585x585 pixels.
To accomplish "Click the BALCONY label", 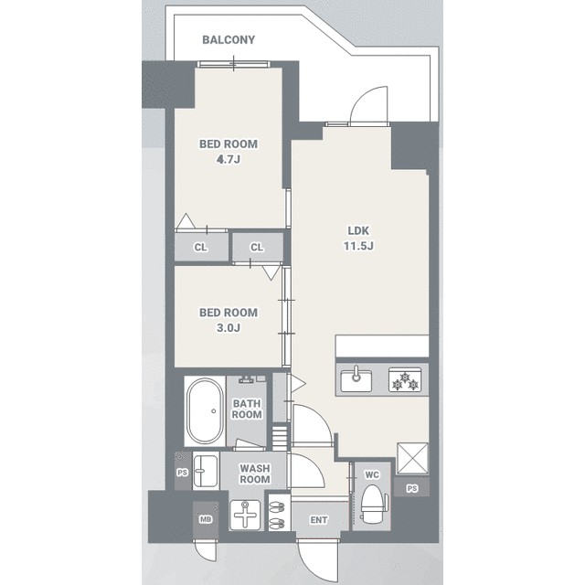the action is pyautogui.click(x=229, y=39).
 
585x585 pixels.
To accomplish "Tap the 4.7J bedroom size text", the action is pyautogui.click(x=229, y=160).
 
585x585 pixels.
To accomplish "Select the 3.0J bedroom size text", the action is pyautogui.click(x=229, y=328).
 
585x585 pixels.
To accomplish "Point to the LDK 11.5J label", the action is pyautogui.click(x=358, y=239).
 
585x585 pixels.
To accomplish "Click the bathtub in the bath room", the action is pyautogui.click(x=205, y=410).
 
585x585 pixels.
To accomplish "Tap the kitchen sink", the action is pyautogui.click(x=356, y=380).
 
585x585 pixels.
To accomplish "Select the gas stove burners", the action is pyautogui.click(x=405, y=380).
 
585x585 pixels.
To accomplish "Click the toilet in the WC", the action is pyautogui.click(x=374, y=502).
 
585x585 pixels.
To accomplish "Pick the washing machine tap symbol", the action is pyautogui.click(x=245, y=515).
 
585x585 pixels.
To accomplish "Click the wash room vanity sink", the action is pyautogui.click(x=205, y=471).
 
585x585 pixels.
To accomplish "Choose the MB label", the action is pyautogui.click(x=206, y=519).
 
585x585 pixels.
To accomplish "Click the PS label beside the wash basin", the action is pyautogui.click(x=183, y=473).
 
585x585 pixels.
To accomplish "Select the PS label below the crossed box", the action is pyautogui.click(x=412, y=488).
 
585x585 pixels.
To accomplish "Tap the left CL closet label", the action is pyautogui.click(x=201, y=248).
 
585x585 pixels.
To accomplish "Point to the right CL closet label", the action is pyautogui.click(x=257, y=247).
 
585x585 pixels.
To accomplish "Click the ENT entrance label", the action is pyautogui.click(x=319, y=520).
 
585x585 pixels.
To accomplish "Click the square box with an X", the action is pyautogui.click(x=412, y=459).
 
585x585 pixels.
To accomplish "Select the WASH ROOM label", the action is pyautogui.click(x=255, y=473).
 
